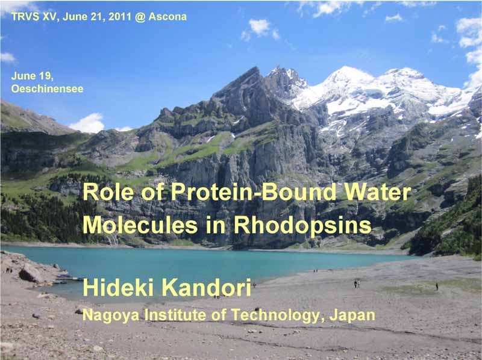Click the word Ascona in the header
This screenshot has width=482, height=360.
(167, 17)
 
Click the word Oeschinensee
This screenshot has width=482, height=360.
(48, 88)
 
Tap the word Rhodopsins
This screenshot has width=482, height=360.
(302, 225)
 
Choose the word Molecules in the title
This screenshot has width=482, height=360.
(140, 225)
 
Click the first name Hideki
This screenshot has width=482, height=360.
(119, 288)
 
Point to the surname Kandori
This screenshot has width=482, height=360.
(207, 288)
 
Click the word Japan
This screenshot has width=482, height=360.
(352, 316)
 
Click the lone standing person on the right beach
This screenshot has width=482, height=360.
(436, 287)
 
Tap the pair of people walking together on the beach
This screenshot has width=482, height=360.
(356, 284)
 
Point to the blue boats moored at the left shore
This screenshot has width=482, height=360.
(65, 279)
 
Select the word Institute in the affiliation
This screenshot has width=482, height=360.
(177, 315)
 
